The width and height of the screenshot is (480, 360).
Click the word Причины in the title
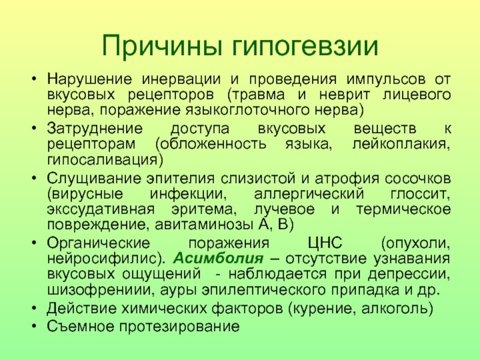click(162, 46)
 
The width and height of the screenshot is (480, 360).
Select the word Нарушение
click(89, 79)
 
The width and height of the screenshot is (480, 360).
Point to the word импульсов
click(386, 80)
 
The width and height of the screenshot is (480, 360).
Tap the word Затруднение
click(95, 128)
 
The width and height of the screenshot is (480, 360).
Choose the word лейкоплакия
click(401, 144)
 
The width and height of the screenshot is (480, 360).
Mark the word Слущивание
click(94, 179)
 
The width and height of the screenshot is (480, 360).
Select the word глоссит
click(420, 194)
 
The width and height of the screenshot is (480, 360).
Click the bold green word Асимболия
click(218, 259)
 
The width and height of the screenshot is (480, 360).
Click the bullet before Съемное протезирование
click(34, 326)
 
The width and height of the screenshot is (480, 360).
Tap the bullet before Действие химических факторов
click(34, 308)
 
